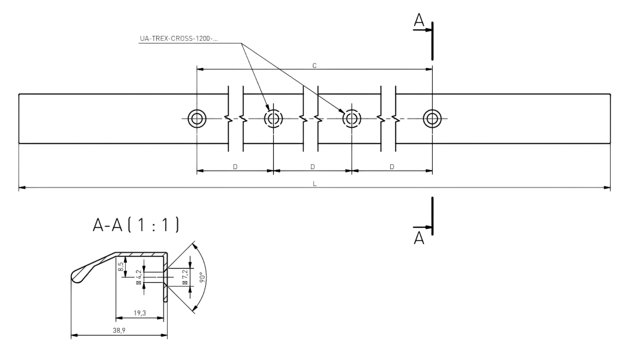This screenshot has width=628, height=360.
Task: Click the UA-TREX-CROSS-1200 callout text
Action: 179,39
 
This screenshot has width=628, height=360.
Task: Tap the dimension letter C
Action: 315,66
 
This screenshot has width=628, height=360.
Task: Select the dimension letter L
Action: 315,184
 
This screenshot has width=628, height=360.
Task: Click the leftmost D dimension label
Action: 235,166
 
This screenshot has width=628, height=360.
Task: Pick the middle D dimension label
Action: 312,166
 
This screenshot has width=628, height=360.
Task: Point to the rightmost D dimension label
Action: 392,166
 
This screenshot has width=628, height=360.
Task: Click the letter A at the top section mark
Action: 419,20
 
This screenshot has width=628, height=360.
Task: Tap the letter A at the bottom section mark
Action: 419,238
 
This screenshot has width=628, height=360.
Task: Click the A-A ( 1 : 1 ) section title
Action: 136,225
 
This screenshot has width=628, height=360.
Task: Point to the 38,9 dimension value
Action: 119,331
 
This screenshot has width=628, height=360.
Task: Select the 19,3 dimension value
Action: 139,313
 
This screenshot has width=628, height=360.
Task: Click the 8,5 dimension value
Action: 121,266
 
